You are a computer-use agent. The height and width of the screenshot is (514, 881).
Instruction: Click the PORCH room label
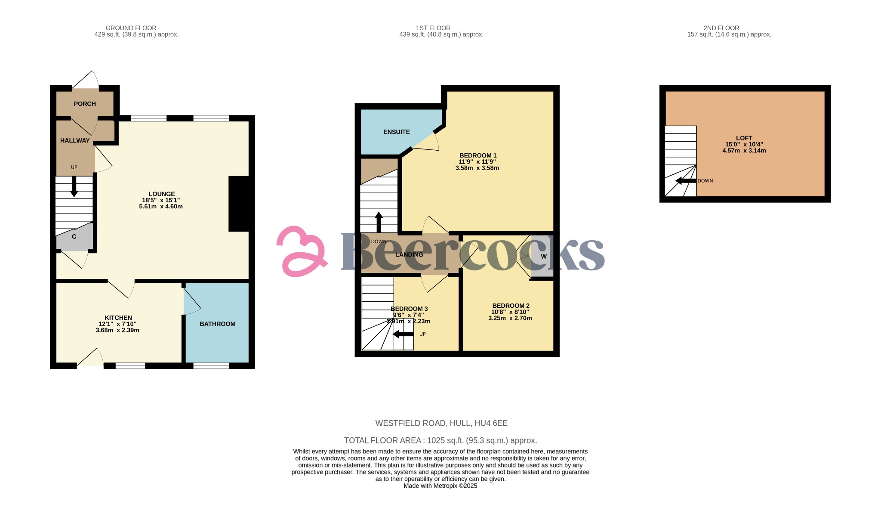coord(85,104)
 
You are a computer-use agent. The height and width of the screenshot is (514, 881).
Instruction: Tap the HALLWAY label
coord(75,140)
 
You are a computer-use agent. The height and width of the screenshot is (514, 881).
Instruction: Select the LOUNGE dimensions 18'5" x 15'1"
coord(161,200)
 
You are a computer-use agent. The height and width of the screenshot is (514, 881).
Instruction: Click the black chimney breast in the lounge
coord(239,204)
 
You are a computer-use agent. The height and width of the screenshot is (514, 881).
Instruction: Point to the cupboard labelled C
coord(74,237)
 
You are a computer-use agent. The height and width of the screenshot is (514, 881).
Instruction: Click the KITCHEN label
coord(118,318)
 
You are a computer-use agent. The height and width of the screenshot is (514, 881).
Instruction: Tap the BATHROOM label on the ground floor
coord(217,324)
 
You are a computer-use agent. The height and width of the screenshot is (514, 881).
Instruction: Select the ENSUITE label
coord(396,132)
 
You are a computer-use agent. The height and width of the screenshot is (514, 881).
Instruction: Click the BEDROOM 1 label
coord(478,155)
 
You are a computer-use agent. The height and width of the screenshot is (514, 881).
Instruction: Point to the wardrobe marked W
coord(543,256)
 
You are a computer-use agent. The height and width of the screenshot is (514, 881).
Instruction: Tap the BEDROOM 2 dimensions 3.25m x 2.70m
coord(510,318)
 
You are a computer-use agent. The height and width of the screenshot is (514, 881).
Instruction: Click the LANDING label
coord(409,254)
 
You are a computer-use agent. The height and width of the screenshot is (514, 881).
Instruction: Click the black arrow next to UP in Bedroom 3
coord(404,334)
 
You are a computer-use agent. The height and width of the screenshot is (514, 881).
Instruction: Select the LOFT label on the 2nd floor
coord(744,138)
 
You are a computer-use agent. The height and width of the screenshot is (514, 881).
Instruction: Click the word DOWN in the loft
coord(705,181)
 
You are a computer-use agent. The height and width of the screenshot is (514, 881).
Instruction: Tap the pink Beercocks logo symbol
coord(301,251)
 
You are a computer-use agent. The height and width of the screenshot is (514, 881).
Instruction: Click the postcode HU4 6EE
coord(491,423)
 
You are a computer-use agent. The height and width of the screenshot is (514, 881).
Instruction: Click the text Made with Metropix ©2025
coord(440,486)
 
